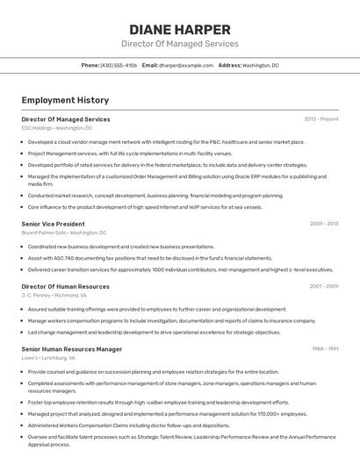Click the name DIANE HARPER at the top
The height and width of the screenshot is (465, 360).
coord(179,29)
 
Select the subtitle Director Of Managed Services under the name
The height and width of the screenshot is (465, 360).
coord(179,44)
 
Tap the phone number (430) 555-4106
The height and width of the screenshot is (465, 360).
coord(119,65)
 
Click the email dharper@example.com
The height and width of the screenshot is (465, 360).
coord(186,65)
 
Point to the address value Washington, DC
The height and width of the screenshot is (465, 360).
coord(261,65)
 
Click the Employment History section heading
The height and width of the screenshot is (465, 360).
coord(65,101)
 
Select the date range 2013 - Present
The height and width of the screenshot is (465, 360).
coord(320,119)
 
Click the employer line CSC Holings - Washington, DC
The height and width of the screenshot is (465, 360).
coord(56,128)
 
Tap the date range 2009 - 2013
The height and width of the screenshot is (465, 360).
coord(323,224)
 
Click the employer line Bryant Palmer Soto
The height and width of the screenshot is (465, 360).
coord(64,233)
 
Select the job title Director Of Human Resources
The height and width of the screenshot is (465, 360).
coord(65,287)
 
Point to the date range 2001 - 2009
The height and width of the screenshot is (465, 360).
coord(323,287)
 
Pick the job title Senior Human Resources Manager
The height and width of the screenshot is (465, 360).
coord(71,349)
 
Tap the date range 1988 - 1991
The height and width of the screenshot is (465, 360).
coord(323,349)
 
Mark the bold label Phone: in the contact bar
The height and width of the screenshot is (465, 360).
coord(90,65)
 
